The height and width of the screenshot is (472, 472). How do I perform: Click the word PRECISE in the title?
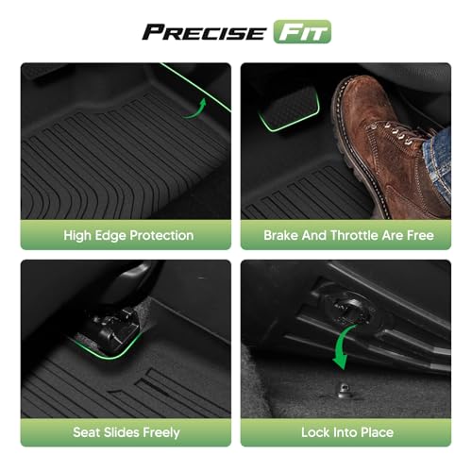pos(204,32)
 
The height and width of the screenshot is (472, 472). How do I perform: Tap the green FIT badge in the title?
pos(302,31)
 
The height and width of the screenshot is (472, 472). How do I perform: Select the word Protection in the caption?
pos(161,235)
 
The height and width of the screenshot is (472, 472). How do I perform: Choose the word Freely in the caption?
pos(161,433)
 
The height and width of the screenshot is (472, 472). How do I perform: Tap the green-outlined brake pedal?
pos(290,109)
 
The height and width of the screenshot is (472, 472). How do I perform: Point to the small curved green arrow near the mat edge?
pos(195,110)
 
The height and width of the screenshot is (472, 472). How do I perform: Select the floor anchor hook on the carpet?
pos(344,391)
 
